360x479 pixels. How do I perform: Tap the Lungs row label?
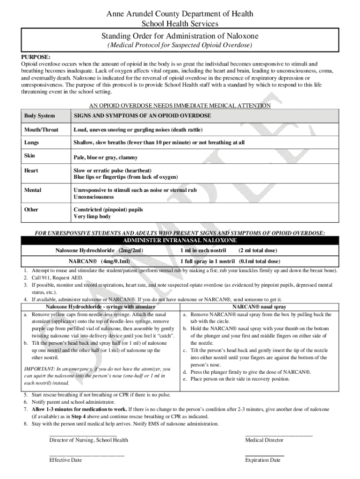[x=32, y=142]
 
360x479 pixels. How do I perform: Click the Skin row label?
[x=29, y=155]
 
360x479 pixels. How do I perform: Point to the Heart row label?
[x=31, y=171]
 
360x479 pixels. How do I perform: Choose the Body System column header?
[x=39, y=116]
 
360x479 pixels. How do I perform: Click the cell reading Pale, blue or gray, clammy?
[x=105, y=158]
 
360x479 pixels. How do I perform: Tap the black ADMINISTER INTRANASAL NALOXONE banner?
[x=180, y=240]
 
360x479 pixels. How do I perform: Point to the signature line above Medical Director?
[x=279, y=435]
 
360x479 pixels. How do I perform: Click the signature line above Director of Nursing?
[x=83, y=435]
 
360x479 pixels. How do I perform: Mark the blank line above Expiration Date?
[x=265, y=455]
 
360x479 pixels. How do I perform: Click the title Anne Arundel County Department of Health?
[x=180, y=14]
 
